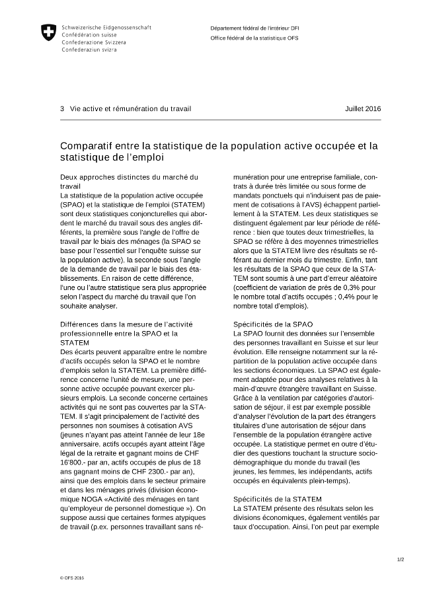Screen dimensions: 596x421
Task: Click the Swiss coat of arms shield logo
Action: point(48,32)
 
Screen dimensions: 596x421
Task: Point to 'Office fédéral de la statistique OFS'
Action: point(252,39)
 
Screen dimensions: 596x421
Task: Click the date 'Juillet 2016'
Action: point(363,108)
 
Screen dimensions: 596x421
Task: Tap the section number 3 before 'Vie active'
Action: point(62,108)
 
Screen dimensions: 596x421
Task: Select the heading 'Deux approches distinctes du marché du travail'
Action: point(129,182)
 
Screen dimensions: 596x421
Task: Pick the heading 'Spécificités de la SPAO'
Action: point(273,324)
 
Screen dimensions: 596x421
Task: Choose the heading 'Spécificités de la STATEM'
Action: point(278,498)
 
